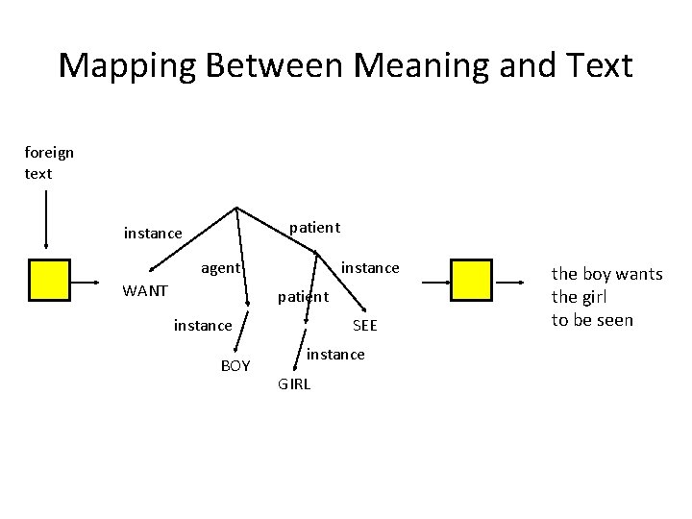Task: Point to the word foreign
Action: click(x=49, y=152)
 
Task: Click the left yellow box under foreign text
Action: click(x=49, y=281)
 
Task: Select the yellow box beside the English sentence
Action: click(x=471, y=281)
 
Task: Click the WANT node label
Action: click(x=145, y=290)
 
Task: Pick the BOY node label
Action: click(x=235, y=366)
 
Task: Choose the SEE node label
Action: click(x=365, y=326)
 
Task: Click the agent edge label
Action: click(x=220, y=268)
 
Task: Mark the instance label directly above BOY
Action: click(x=203, y=326)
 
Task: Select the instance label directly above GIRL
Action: click(x=335, y=355)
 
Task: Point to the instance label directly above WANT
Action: click(x=153, y=233)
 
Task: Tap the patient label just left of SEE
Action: click(x=303, y=297)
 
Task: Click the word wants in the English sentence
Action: click(x=638, y=274)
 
